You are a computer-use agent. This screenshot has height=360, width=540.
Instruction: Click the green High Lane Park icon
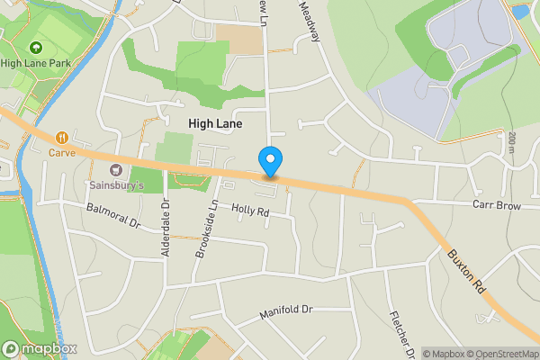click(x=35, y=47)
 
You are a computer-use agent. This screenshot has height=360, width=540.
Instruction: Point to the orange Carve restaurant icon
click(x=62, y=138)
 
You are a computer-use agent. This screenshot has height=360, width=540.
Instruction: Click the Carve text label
click(x=62, y=153)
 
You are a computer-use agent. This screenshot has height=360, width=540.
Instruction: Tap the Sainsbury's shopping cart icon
click(x=115, y=169)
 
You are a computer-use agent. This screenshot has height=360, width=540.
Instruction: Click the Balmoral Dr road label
click(x=113, y=215)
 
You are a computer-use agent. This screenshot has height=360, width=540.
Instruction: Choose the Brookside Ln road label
click(x=202, y=230)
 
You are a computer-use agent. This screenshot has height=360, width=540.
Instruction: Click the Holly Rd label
click(x=250, y=211)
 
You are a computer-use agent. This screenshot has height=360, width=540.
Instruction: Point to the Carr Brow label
click(x=497, y=205)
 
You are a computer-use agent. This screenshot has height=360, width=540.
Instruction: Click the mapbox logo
click(x=40, y=348)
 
